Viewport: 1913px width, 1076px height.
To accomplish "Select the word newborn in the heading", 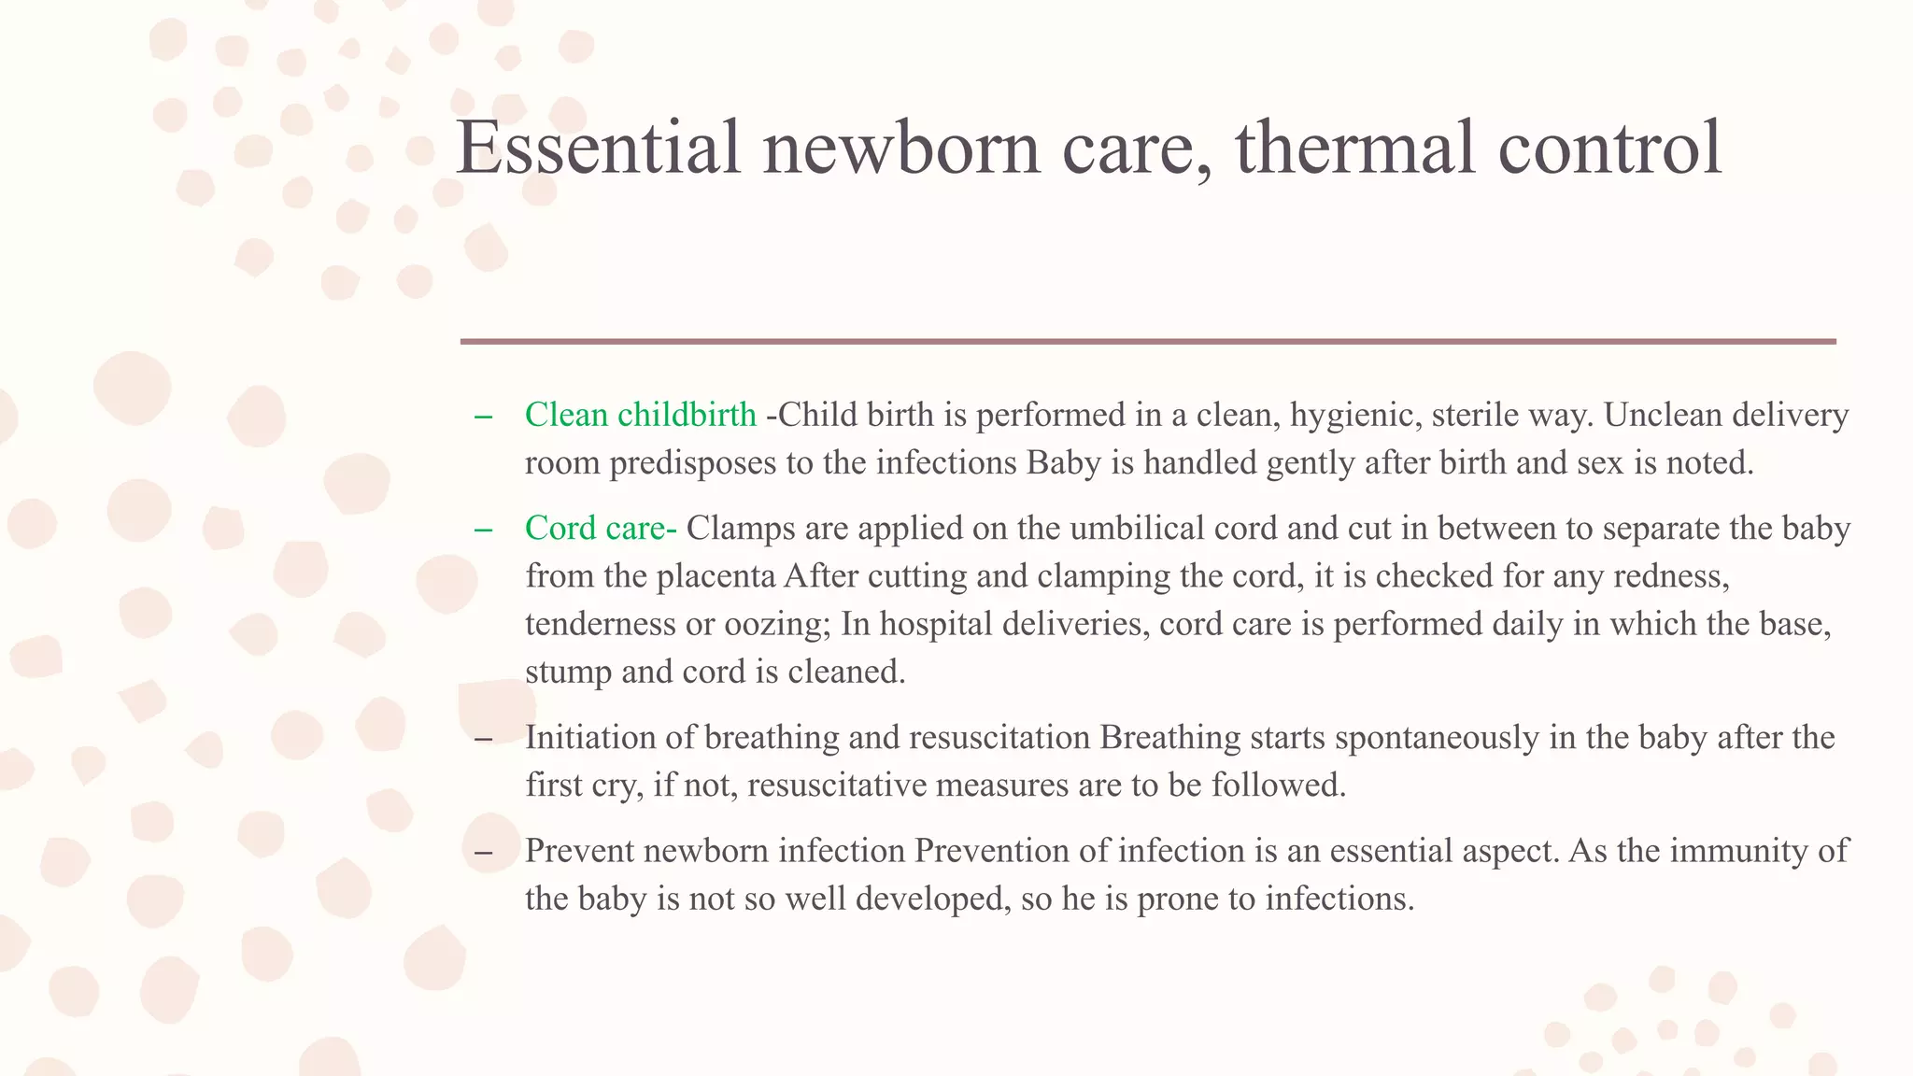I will pyautogui.click(x=901, y=148).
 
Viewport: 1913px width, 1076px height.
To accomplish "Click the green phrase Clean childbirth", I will pyautogui.click(x=641, y=415).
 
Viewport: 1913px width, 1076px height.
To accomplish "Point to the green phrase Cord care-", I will pyautogui.click(x=601, y=529).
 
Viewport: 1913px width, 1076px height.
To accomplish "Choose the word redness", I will pyautogui.click(x=1671, y=576).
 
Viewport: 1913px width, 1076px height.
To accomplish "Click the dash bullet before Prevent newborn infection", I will pyautogui.click(x=483, y=852).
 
